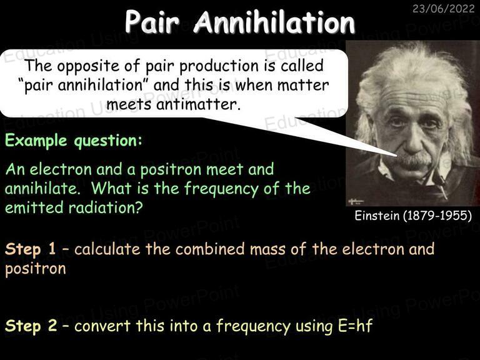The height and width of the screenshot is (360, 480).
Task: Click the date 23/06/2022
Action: [x=443, y=9]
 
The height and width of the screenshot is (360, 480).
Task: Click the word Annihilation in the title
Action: [x=274, y=22]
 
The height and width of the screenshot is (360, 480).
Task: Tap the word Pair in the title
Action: [x=152, y=22]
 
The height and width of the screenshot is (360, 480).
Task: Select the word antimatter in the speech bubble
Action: [x=197, y=104]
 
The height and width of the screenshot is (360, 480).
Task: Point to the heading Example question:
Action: [x=74, y=141]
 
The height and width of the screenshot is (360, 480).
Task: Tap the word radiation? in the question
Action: [x=106, y=207]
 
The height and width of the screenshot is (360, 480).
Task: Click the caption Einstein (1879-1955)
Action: [x=413, y=216]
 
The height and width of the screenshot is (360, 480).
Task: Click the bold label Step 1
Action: [x=30, y=249]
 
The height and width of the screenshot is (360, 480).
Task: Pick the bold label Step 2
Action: [x=31, y=326]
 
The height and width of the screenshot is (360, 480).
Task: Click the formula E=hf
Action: [x=356, y=326]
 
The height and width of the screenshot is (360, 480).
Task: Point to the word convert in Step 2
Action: [x=102, y=326]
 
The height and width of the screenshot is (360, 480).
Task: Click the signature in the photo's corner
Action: [x=356, y=201]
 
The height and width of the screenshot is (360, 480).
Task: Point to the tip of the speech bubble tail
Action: [x=397, y=156]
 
